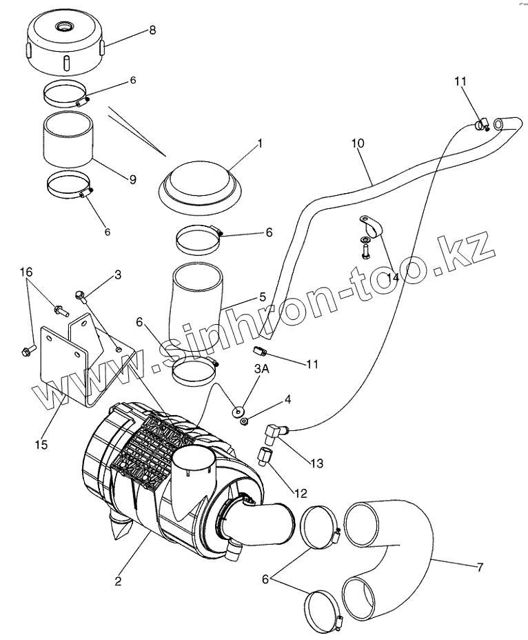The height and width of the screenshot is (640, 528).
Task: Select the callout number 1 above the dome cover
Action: (x=260, y=143)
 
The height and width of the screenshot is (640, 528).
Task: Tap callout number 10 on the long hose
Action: (x=358, y=144)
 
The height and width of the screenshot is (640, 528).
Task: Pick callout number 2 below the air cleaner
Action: (x=119, y=581)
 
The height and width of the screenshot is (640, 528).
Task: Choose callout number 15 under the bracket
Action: (x=41, y=444)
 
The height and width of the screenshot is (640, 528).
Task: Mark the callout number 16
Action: (x=26, y=273)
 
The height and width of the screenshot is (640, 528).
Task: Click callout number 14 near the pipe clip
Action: (x=394, y=277)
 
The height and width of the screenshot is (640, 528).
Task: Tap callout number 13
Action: (x=316, y=463)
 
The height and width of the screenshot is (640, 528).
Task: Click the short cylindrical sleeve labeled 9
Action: (x=67, y=141)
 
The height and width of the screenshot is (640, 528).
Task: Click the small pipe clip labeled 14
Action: (x=370, y=228)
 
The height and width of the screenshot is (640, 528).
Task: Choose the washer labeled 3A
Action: (x=240, y=413)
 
